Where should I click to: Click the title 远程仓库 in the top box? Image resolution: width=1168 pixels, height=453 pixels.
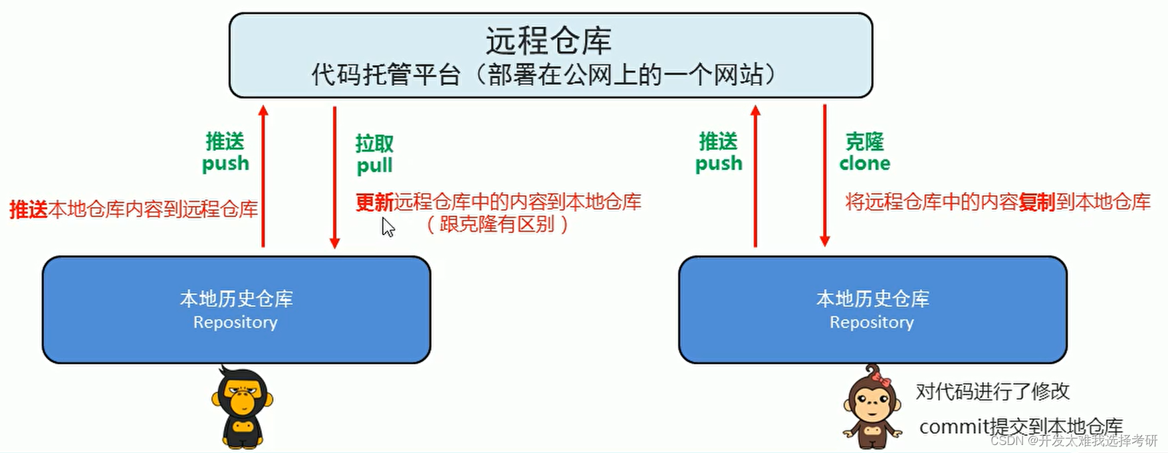tap(548, 41)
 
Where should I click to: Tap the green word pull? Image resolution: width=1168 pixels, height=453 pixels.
tap(374, 165)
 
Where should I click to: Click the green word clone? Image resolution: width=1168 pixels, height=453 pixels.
tap(864, 163)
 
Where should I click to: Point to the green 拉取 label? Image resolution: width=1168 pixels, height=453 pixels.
tap(374, 143)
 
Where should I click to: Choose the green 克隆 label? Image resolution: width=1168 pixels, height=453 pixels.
tap(864, 141)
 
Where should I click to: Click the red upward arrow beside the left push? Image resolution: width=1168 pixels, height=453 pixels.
tap(263, 176)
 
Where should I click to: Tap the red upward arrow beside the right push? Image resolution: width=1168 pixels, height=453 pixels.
tap(755, 176)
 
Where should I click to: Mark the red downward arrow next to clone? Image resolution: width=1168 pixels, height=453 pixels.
tap(825, 176)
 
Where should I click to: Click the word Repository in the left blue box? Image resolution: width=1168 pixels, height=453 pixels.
tap(235, 322)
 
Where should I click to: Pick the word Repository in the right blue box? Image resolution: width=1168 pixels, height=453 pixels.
tap(872, 322)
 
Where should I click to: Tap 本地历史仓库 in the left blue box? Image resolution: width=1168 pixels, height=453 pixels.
tap(236, 299)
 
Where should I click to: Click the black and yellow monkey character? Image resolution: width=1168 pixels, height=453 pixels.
tap(242, 407)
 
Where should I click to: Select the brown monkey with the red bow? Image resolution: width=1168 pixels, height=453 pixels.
tap(872, 407)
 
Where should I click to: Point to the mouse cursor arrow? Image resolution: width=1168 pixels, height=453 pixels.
tap(388, 227)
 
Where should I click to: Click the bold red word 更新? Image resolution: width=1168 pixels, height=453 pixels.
tap(375, 202)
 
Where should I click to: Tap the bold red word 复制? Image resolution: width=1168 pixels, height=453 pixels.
tap(1036, 202)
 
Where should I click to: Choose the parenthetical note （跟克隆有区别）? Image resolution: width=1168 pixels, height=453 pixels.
tap(497, 225)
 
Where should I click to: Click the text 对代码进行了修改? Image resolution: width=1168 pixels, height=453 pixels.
tap(992, 391)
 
